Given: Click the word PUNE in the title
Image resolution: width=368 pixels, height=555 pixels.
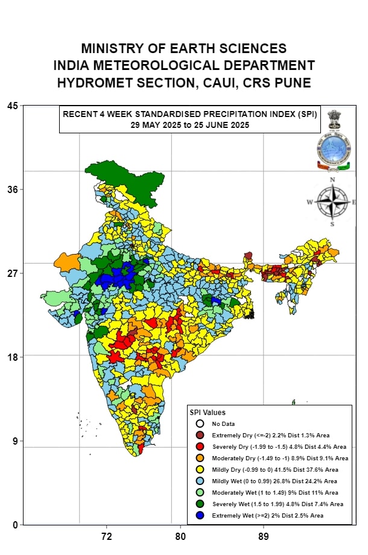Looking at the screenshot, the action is [x=293, y=83].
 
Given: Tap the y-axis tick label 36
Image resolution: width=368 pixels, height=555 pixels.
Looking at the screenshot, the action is [x=13, y=189].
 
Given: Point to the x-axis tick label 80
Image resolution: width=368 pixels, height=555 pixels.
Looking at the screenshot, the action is [x=180, y=536].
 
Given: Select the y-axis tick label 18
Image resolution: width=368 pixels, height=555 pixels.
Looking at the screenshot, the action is [x=13, y=357].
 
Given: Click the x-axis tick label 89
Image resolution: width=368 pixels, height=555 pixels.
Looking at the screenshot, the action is [x=263, y=536].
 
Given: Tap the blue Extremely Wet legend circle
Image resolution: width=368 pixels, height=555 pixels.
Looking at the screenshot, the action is [x=200, y=515].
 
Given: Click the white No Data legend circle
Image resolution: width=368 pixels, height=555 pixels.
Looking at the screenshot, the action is [x=200, y=423].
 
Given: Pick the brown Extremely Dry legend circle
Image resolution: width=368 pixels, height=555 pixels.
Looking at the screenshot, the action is [x=200, y=435].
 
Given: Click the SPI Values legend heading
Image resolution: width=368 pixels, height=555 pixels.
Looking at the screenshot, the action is [x=208, y=413].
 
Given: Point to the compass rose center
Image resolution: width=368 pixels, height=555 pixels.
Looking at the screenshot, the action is [x=332, y=202].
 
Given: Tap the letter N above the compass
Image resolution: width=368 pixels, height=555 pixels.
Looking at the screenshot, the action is [x=332, y=180].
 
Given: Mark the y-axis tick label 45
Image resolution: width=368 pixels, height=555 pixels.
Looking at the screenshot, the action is [x=13, y=106].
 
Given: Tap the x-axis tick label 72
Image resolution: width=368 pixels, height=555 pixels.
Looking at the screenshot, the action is [x=107, y=536].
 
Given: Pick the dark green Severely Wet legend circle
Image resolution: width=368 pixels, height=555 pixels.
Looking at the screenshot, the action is [x=200, y=504].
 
